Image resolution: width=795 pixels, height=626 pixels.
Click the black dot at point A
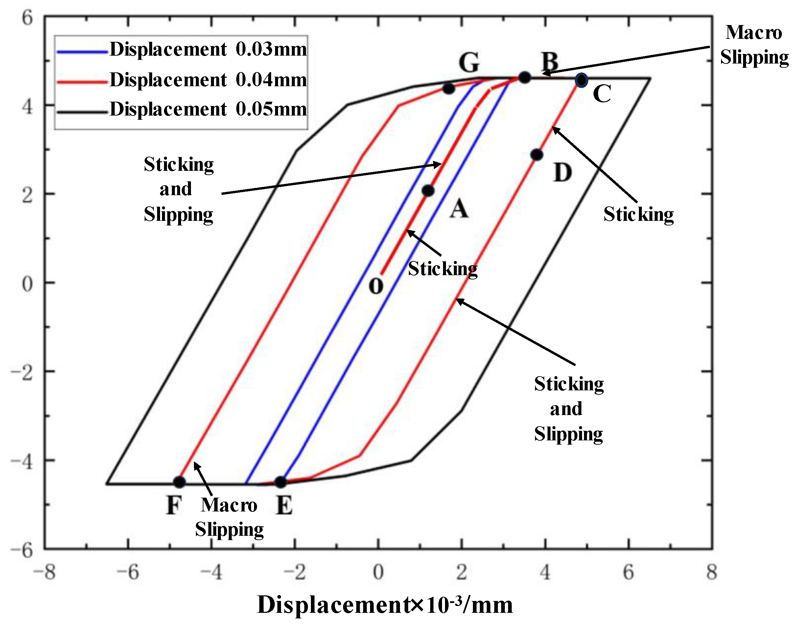pyautogui.click(x=428, y=191)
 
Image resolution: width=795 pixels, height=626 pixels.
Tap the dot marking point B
pyautogui.click(x=525, y=78)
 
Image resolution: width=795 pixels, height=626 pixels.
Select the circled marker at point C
pyautogui.click(x=581, y=80)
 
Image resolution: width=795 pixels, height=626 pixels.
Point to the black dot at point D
pyautogui.click(x=537, y=155)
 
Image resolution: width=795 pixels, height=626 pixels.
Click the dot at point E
pyautogui.click(x=280, y=482)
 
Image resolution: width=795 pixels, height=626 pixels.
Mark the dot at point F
pyautogui.click(x=179, y=482)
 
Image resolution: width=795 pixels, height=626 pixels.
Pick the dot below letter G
pyautogui.click(x=448, y=88)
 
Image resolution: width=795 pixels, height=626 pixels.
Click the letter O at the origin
pyautogui.click(x=376, y=286)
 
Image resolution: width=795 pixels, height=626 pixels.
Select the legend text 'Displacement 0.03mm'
pyautogui.click(x=208, y=49)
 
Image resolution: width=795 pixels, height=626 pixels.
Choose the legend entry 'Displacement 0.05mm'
pyautogui.click(x=208, y=109)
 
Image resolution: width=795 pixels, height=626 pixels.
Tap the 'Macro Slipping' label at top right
pyautogui.click(x=754, y=45)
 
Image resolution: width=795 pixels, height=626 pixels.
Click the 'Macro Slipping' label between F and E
pyautogui.click(x=229, y=517)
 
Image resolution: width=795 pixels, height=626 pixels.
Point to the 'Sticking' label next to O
pyautogui.click(x=442, y=269)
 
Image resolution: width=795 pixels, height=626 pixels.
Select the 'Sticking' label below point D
pyautogui.click(x=638, y=214)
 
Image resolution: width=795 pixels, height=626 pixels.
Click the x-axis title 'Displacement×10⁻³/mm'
pyautogui.click(x=385, y=605)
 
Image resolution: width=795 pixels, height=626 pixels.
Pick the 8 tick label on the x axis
pyautogui.click(x=712, y=572)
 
